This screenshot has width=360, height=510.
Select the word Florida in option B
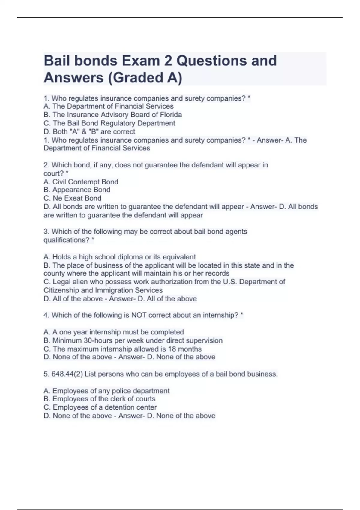(170, 115)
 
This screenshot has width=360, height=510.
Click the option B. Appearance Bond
(77, 190)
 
